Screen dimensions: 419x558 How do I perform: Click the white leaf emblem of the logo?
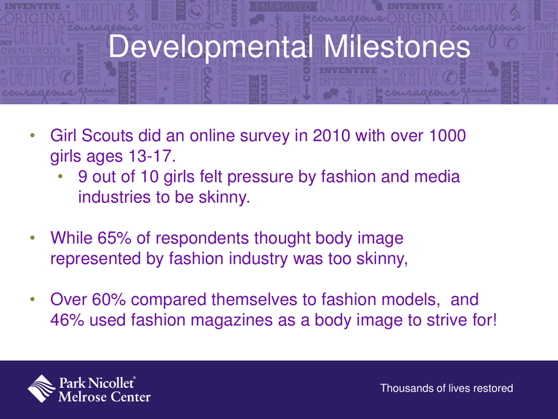pyautogui.click(x=43, y=388)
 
